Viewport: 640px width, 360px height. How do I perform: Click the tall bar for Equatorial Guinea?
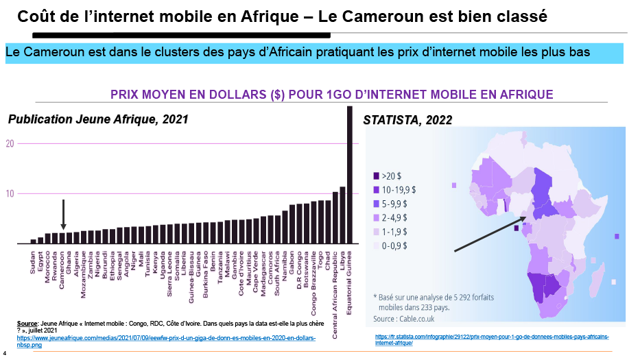350,175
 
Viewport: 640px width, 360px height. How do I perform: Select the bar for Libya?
342,215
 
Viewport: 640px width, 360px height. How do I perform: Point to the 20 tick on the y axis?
10,143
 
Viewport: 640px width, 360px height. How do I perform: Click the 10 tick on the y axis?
10,193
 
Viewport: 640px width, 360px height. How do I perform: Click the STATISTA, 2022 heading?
407,121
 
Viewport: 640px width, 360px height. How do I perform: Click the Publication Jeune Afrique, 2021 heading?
98,119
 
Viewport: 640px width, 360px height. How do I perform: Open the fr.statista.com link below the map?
491,338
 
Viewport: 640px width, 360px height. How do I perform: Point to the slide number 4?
4,354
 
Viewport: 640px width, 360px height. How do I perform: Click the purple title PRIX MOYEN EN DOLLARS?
332,95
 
